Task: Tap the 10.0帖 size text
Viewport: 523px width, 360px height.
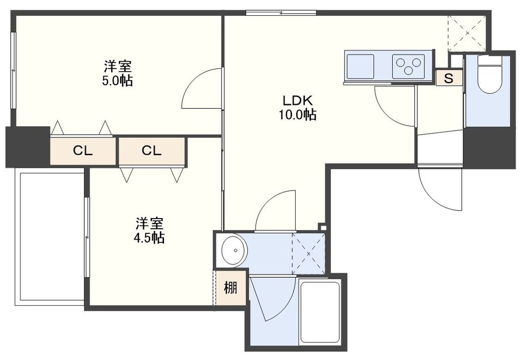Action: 297,115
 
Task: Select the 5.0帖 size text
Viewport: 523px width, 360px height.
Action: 118,81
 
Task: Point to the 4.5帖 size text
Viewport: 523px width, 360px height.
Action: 150,237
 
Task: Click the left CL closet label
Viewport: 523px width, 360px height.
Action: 83,151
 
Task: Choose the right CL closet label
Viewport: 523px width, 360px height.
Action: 152,151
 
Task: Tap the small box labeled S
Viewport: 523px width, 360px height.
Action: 449,78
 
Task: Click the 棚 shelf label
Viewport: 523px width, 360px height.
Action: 230,288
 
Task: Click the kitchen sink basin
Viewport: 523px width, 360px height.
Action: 360,65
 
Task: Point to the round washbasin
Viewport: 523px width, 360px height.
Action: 234,250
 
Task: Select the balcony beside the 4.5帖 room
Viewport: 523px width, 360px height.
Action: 50,237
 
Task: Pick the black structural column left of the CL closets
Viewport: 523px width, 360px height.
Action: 28,147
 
